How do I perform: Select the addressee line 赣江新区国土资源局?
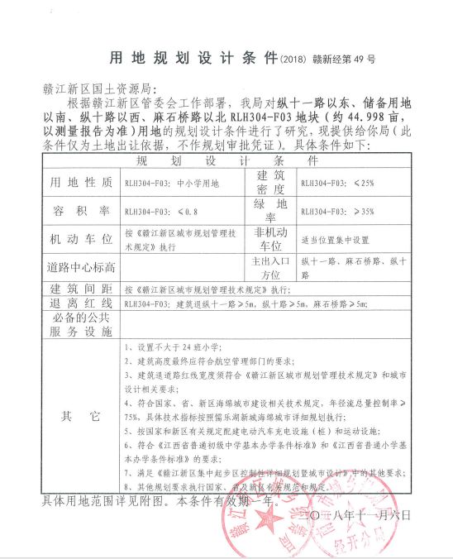(x=97, y=89)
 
